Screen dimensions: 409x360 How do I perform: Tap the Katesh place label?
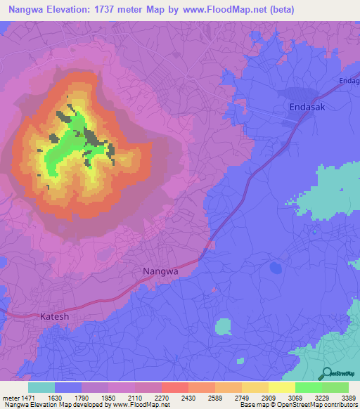click(x=54, y=316)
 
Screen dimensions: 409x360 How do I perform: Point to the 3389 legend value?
click(x=347, y=398)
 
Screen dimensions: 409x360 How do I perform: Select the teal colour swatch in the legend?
click(x=41, y=387)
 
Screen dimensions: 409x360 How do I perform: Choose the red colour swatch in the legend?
click(x=175, y=387)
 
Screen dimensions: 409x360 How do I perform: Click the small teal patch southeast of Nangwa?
click(x=223, y=327)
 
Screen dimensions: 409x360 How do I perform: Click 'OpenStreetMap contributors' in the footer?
click(x=318, y=405)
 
